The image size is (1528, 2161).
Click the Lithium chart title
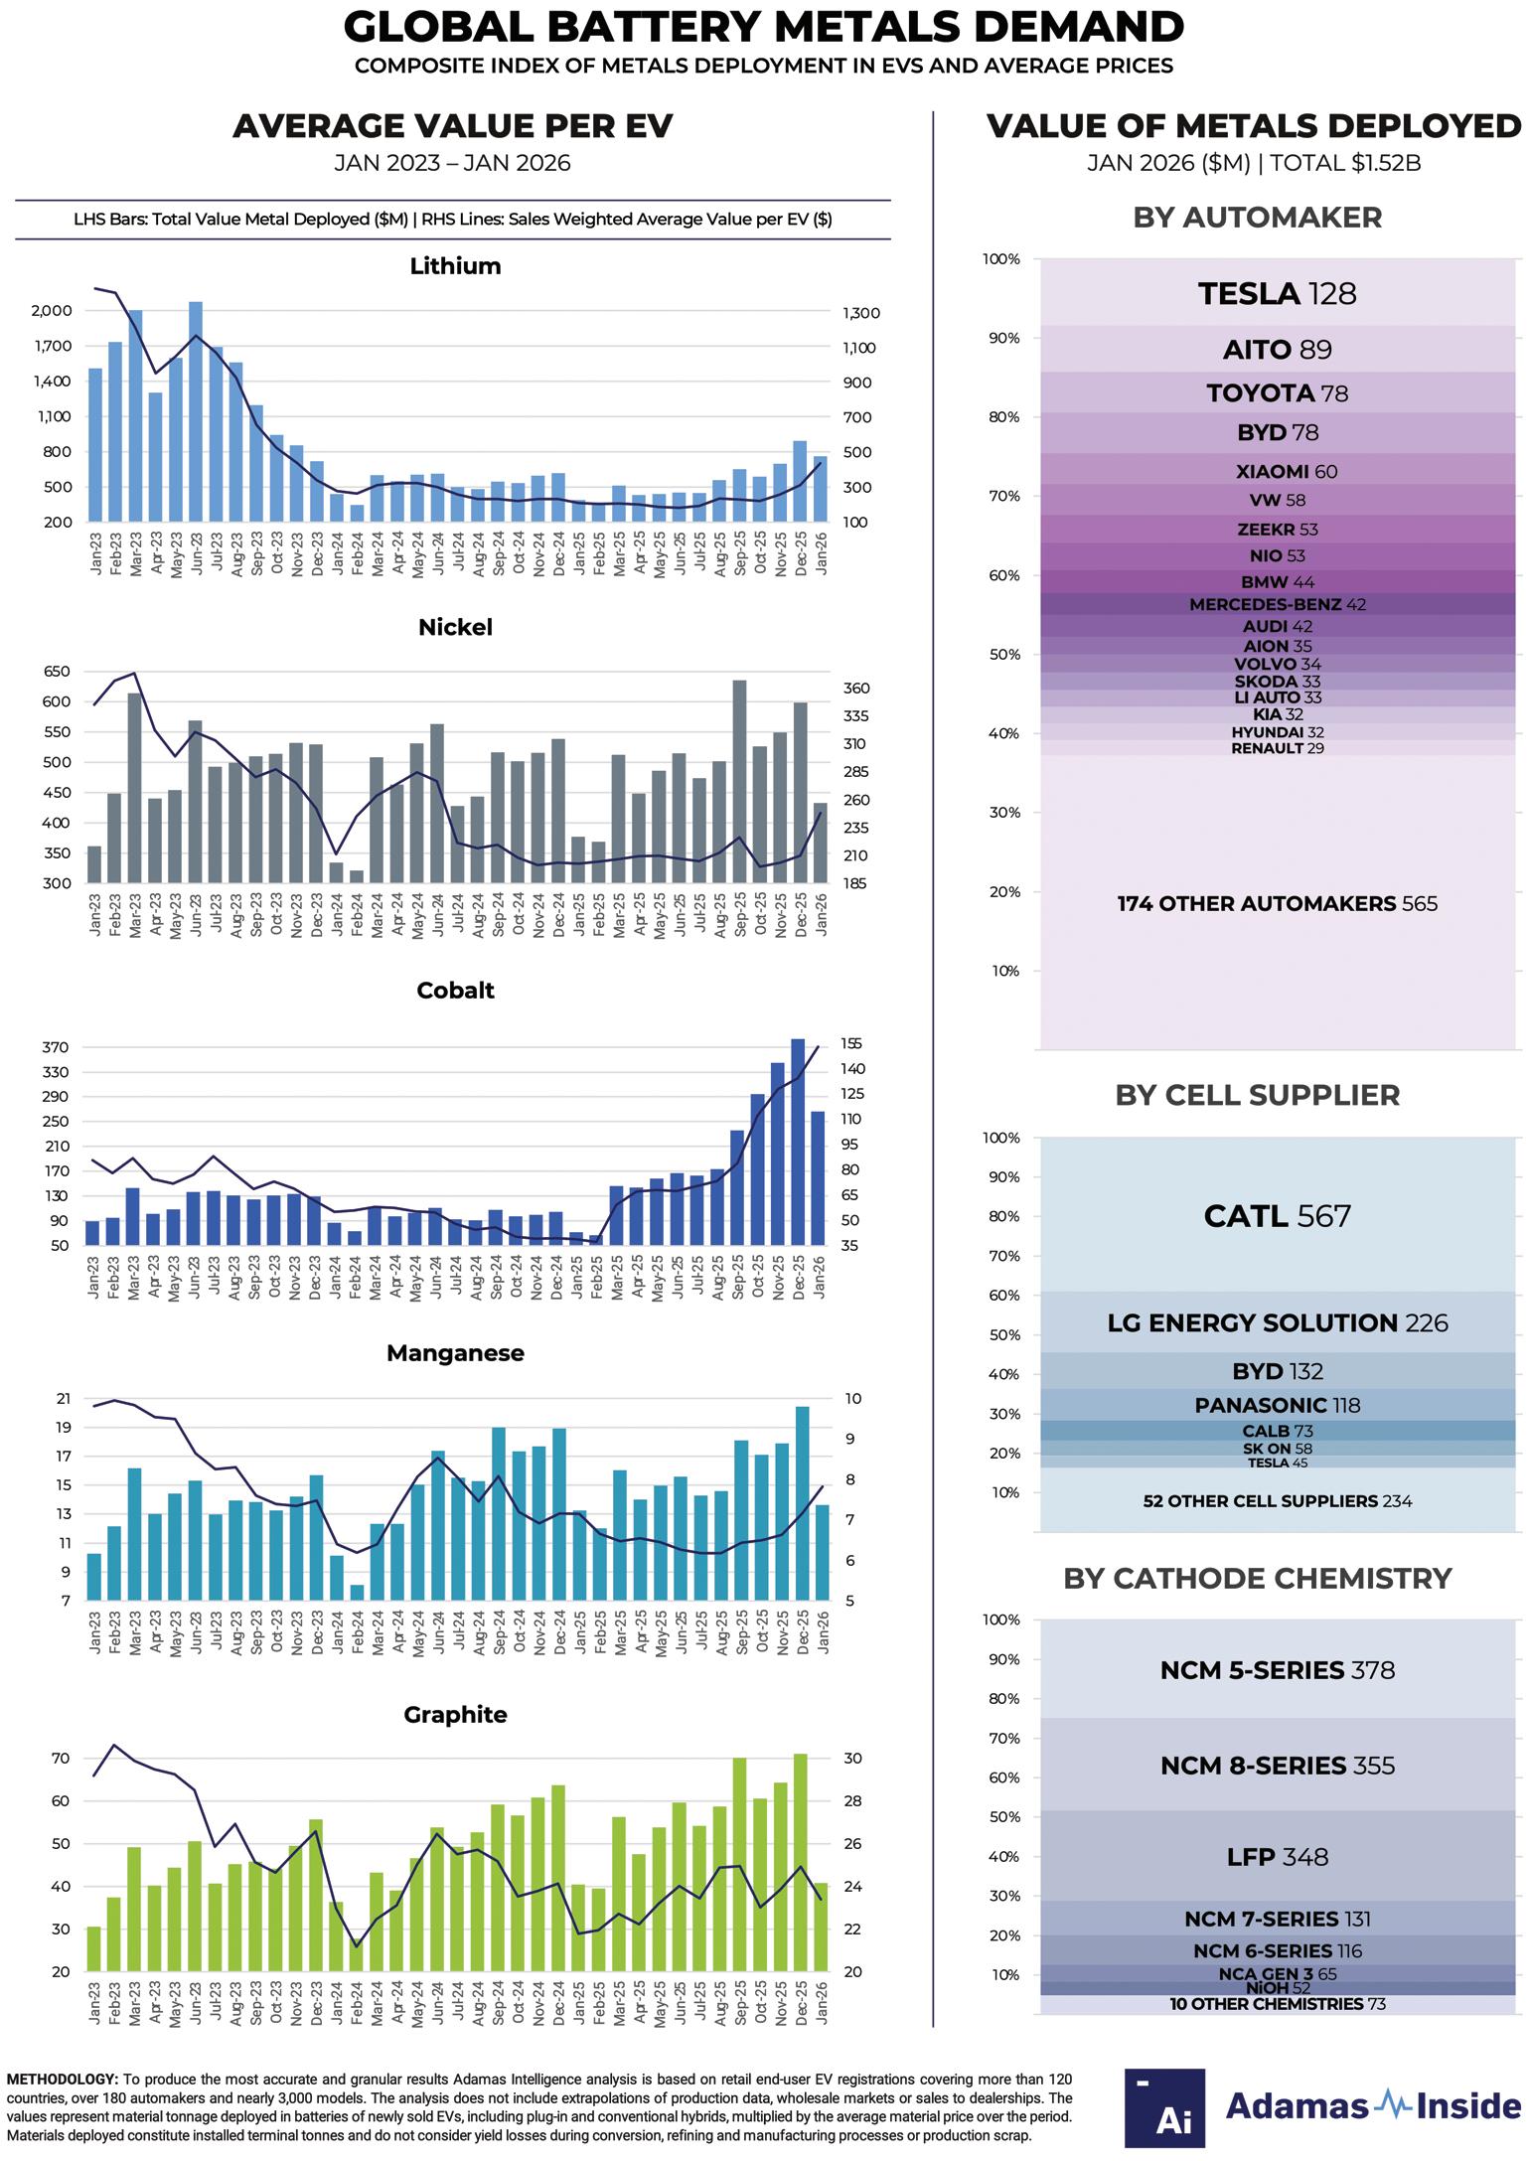tap(455, 266)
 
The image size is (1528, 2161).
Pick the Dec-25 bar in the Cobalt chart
tap(797, 1142)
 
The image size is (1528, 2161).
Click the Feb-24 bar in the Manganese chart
tap(357, 1592)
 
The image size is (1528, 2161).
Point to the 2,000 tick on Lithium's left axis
tap(52, 311)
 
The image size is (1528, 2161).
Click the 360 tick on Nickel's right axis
tap(855, 689)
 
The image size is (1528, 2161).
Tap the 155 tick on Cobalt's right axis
tap(852, 1044)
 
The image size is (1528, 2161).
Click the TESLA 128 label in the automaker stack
tap(1277, 294)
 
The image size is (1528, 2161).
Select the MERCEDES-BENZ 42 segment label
tap(1277, 604)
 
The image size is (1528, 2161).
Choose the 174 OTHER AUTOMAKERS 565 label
tap(1277, 904)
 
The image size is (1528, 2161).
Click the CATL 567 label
tap(1277, 1216)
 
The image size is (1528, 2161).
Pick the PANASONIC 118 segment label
tap(1277, 1405)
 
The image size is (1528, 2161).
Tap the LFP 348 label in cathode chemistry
tap(1277, 1857)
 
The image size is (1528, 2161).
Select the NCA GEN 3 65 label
tap(1277, 1974)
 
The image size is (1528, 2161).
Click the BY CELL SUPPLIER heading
tap(1257, 1095)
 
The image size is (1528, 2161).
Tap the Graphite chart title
tap(455, 1715)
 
